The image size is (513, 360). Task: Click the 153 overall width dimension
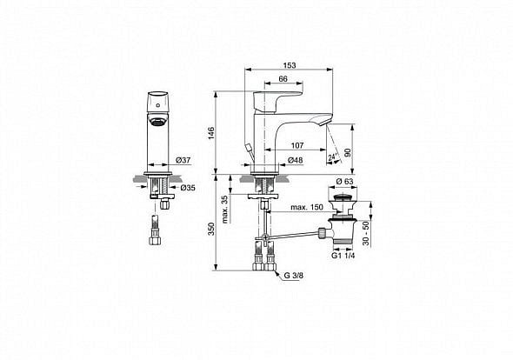290,65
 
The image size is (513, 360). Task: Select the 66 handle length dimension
283,79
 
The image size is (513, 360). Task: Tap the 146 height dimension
211,133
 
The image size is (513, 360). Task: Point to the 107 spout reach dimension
297,145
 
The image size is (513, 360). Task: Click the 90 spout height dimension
348,152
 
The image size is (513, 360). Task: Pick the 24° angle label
333,157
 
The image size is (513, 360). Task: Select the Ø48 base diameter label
295,160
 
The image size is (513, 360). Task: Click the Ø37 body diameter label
183,160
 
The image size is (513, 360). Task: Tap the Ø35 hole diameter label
188,188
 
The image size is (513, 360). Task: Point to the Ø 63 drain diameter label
344,182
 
